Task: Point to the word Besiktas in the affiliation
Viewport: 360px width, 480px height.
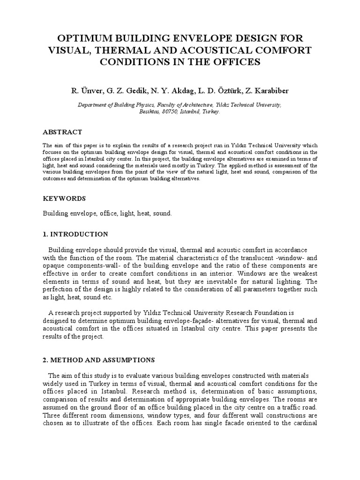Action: [x=150, y=112]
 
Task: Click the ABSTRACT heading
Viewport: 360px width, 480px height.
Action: [x=62, y=132]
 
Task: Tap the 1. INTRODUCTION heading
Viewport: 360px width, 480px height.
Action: [x=75, y=234]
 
